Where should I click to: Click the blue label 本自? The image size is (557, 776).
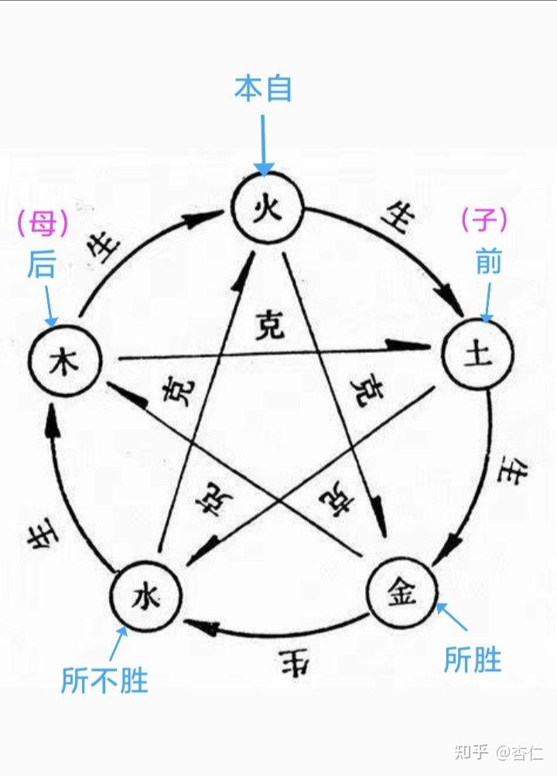click(x=263, y=90)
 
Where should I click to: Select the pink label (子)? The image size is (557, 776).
click(x=484, y=222)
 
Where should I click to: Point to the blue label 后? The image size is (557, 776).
click(x=42, y=265)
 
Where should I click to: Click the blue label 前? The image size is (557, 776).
click(x=488, y=263)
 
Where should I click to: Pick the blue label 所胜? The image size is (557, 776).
click(x=473, y=660)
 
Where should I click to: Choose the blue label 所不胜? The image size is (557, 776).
click(x=104, y=680)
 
